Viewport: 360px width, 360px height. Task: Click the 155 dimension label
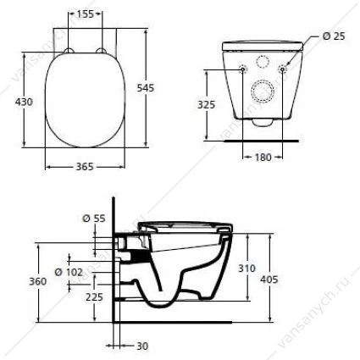coord(86,14)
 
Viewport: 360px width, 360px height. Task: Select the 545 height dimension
coord(146,88)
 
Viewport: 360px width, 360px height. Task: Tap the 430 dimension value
coord(24,102)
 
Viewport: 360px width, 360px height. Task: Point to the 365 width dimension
coord(85,167)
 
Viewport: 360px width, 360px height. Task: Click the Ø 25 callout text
coord(334,36)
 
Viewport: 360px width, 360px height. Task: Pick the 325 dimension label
coord(206,104)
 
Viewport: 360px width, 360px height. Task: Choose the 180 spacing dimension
coord(263,157)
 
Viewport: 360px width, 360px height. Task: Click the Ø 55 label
coord(94,218)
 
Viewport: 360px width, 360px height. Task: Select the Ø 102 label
coord(69,272)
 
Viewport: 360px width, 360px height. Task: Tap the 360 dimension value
coord(38,281)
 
